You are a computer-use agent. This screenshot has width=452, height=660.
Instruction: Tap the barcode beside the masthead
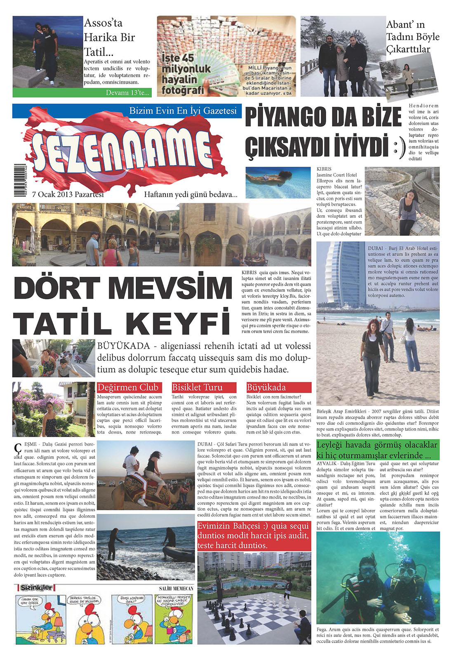(x=19, y=180)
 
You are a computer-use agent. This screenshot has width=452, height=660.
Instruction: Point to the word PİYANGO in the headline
(x=285, y=117)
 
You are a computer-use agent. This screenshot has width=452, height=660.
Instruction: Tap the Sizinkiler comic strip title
(x=35, y=587)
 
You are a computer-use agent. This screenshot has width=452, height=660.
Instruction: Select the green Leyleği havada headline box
(x=377, y=450)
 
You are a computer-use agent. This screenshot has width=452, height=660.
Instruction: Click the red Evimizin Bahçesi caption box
(x=254, y=535)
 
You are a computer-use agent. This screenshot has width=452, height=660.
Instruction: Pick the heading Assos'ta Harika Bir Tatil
(x=109, y=38)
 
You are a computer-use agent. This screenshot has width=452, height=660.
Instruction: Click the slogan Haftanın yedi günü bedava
(x=191, y=194)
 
